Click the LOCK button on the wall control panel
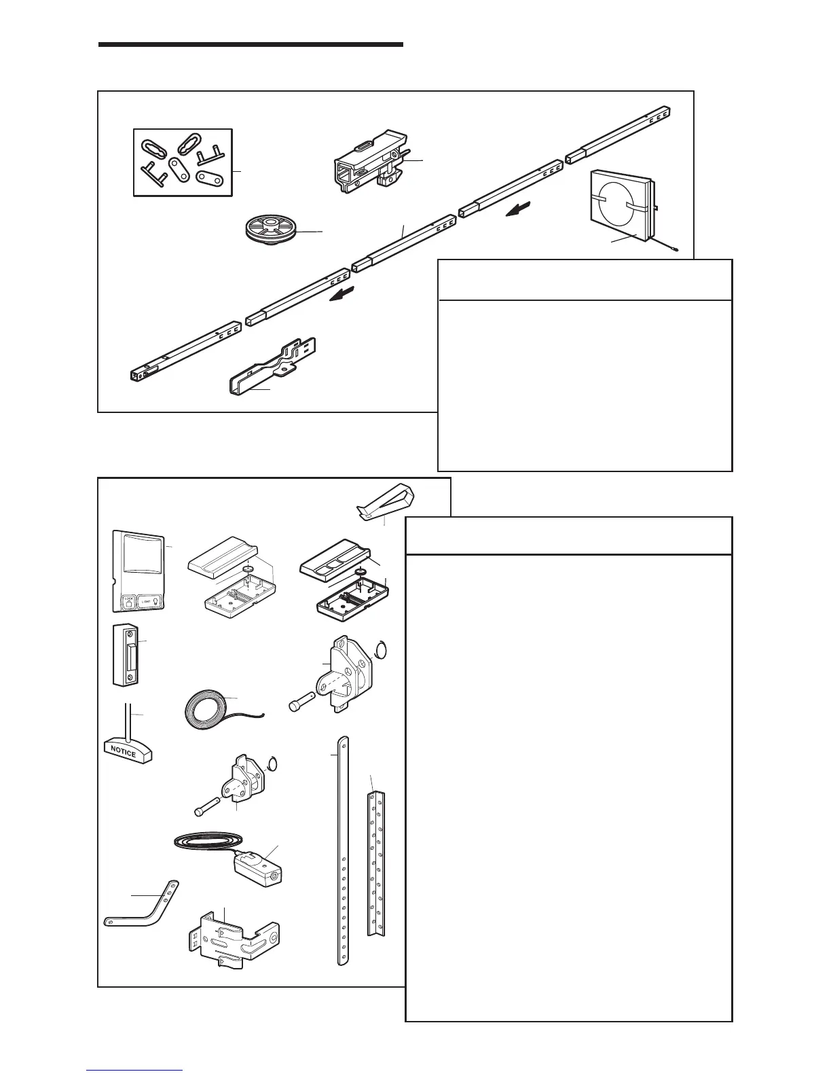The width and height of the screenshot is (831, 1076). click(127, 601)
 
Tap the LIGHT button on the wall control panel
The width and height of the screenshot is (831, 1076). click(149, 601)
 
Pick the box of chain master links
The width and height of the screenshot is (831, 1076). click(182, 162)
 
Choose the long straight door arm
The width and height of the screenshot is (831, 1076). click(343, 849)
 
